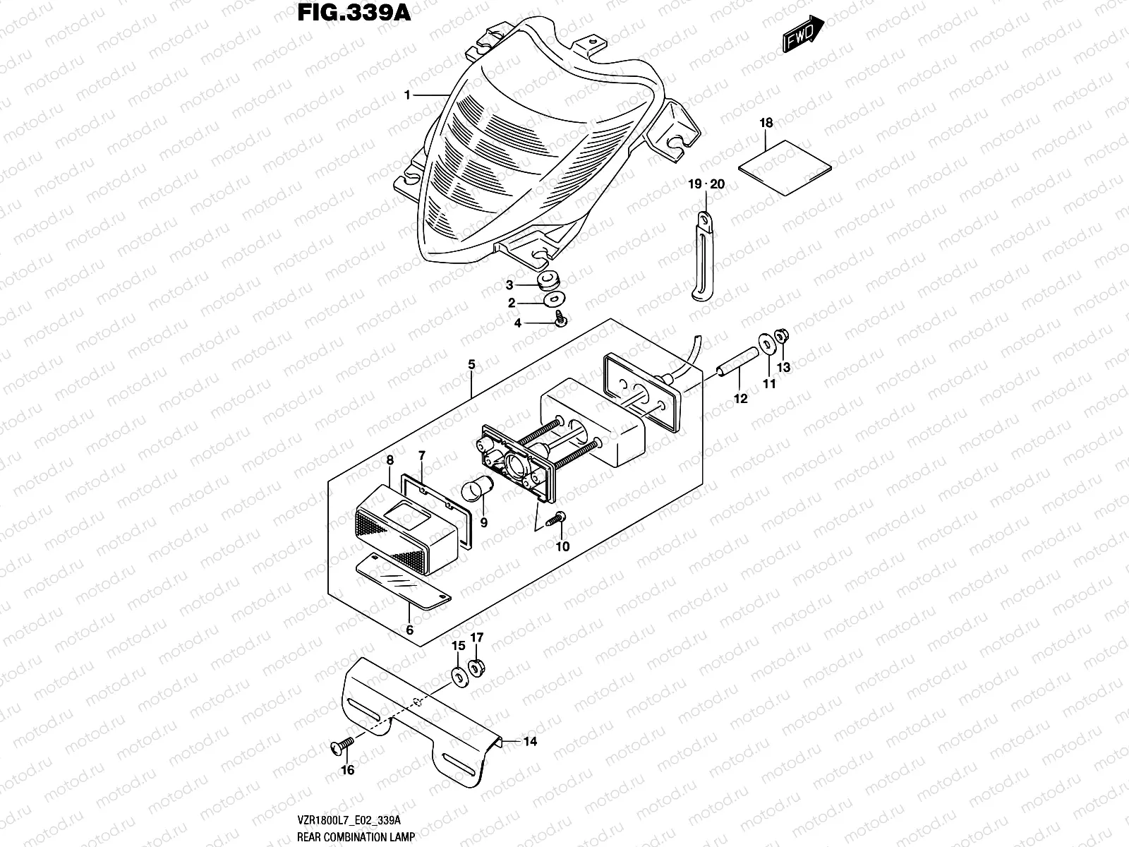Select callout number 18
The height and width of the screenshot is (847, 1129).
tap(766, 123)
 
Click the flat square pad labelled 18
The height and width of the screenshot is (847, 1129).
tap(785, 167)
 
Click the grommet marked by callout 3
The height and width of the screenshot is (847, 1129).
tap(546, 282)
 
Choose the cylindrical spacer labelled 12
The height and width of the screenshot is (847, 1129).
tap(734, 364)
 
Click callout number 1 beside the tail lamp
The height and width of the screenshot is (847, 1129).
tap(407, 95)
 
